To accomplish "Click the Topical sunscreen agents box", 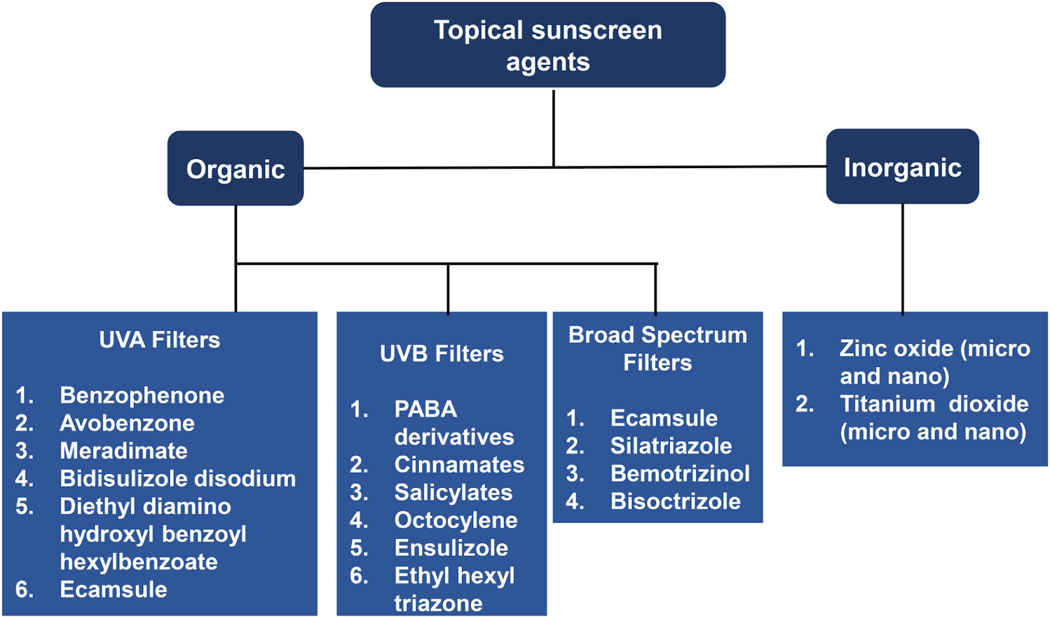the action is pos(548,45).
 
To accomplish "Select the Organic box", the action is pos(236,168).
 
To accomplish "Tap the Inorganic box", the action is pos(902,167).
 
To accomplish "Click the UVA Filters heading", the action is pos(159,340).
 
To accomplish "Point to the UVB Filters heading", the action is pos(442,354).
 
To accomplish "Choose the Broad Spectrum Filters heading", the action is pos(658,349).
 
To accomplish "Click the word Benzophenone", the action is pos(142,395).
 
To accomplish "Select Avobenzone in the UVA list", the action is pos(127,423).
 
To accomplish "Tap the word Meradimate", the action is pos(124,450).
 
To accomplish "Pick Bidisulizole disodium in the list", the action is pos(178,479).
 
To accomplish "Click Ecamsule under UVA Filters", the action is pos(114,589).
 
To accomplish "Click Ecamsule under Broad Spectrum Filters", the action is pos(663,417).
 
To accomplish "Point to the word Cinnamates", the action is pos(459,465).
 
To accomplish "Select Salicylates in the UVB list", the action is pos(453,492).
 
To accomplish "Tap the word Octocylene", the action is pos(456,520).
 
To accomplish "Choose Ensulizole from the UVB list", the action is pos(451,547).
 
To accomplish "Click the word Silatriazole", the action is pos(671,446).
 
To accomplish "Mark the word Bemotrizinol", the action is pos(680,473).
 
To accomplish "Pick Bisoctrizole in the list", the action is pos(675,501).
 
